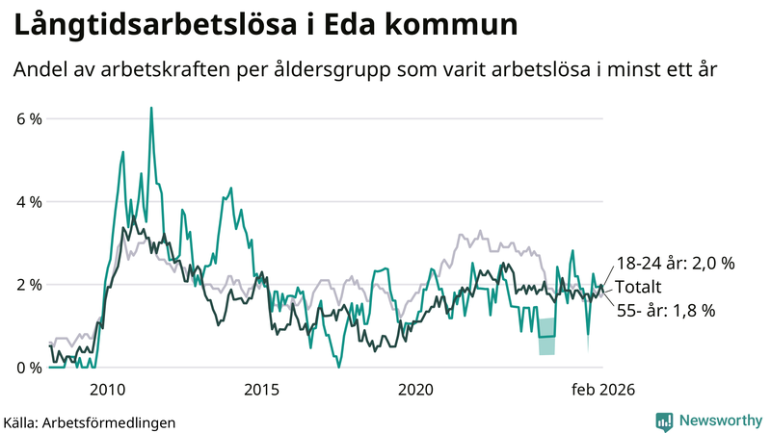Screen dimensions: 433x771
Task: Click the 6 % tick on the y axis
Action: (x=29, y=119)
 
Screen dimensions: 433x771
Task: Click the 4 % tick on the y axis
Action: (x=29, y=202)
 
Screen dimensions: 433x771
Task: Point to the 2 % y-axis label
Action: (x=29, y=285)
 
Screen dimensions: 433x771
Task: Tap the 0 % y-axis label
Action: (x=29, y=368)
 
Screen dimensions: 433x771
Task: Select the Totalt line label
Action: (x=640, y=287)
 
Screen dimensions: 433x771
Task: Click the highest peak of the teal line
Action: (x=151, y=109)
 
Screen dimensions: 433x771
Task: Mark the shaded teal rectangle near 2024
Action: (x=546, y=337)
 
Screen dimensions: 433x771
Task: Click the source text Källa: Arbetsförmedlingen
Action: (x=90, y=421)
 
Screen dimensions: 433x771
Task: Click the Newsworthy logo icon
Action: (x=664, y=420)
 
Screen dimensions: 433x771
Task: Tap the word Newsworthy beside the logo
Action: (x=719, y=420)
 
